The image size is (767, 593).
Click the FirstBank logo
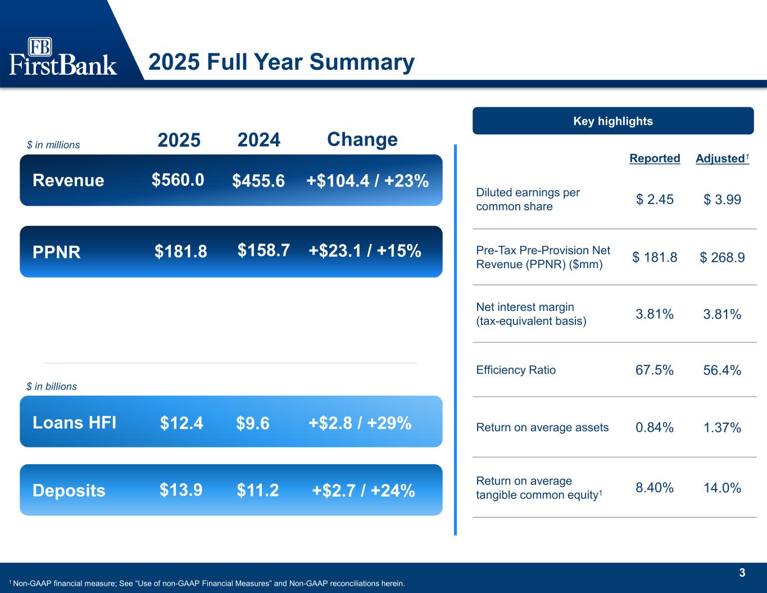pyautogui.click(x=63, y=57)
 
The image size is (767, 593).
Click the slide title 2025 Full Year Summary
pyautogui.click(x=281, y=62)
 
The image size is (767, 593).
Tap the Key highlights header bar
pyautogui.click(x=612, y=121)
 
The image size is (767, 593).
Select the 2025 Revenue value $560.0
pyautogui.click(x=178, y=180)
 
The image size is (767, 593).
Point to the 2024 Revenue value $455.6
pyautogui.click(x=258, y=181)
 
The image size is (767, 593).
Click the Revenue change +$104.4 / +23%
pyautogui.click(x=367, y=181)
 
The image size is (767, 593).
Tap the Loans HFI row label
pyautogui.click(x=75, y=422)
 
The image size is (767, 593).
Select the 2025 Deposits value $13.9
pyautogui.click(x=181, y=490)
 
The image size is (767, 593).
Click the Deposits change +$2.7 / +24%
pyautogui.click(x=363, y=491)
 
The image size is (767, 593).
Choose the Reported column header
pyautogui.click(x=655, y=159)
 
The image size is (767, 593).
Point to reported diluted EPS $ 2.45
pyautogui.click(x=655, y=200)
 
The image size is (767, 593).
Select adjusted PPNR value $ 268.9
pyautogui.click(x=722, y=257)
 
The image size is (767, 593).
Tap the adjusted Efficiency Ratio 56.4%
pyautogui.click(x=722, y=370)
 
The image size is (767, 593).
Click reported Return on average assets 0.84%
pyautogui.click(x=655, y=428)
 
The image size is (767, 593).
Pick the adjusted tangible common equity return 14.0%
pyautogui.click(x=722, y=488)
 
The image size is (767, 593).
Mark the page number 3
pyautogui.click(x=742, y=573)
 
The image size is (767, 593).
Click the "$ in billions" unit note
pyautogui.click(x=52, y=387)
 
